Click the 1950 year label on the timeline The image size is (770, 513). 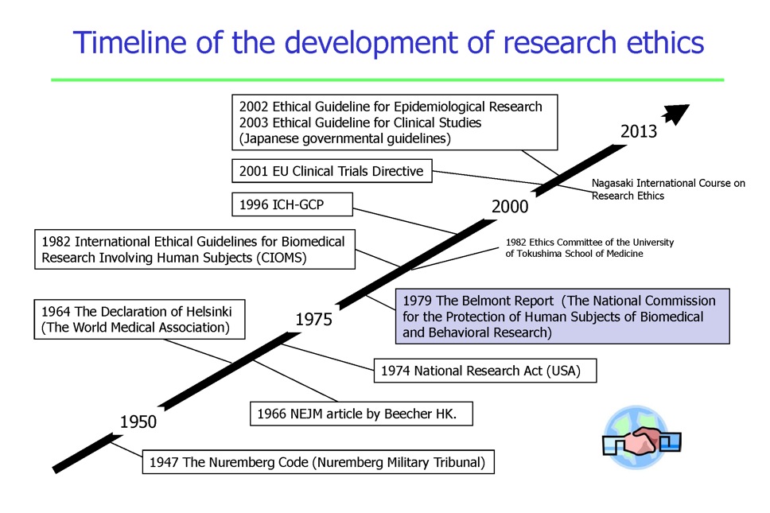138,422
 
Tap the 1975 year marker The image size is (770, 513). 313,319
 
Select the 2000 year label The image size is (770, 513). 510,206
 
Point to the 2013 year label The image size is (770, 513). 639,131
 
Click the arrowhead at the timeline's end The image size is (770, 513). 677,114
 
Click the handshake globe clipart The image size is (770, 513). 641,437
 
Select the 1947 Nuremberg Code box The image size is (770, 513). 318,462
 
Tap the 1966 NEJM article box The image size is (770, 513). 361,414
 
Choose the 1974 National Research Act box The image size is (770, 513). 485,370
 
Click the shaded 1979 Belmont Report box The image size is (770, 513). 562,316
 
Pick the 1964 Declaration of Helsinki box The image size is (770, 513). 139,319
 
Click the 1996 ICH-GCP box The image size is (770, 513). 292,204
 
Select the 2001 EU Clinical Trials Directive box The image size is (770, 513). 332,171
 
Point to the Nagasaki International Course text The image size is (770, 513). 668,189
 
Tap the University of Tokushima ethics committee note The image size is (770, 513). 589,248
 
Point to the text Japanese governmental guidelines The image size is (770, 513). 344,138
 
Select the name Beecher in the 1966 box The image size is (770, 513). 408,414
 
